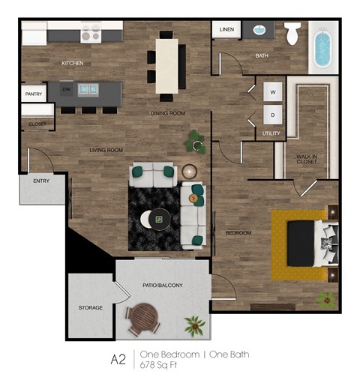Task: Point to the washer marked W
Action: (272, 92)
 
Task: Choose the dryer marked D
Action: (272, 115)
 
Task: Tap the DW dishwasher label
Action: (67, 88)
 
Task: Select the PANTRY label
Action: (33, 94)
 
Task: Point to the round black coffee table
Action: (158, 219)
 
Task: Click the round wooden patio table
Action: (142, 321)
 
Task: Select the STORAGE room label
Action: (91, 308)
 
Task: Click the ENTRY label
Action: (40, 181)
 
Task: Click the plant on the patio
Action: (194, 325)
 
